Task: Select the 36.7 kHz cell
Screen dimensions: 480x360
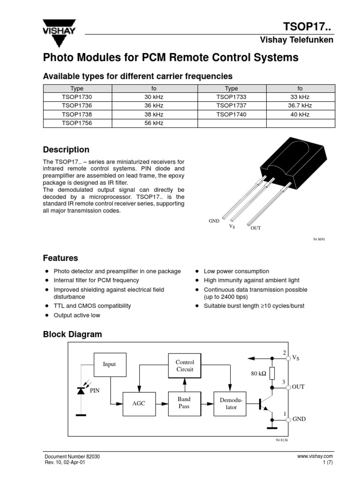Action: click(300, 105)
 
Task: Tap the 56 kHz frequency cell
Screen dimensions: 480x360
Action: click(154, 123)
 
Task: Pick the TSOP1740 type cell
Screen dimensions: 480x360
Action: click(231, 114)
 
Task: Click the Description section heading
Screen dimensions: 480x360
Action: click(66, 150)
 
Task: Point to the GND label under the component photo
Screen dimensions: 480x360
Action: click(214, 220)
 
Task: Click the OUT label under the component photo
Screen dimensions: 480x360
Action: click(255, 228)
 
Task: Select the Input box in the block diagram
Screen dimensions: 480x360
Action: click(109, 364)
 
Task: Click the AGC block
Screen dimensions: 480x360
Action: click(139, 404)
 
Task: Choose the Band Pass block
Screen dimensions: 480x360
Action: click(184, 403)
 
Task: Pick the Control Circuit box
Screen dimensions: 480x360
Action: click(184, 366)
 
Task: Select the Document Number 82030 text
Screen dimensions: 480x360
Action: click(72, 456)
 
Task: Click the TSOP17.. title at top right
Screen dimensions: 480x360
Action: click(308, 27)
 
